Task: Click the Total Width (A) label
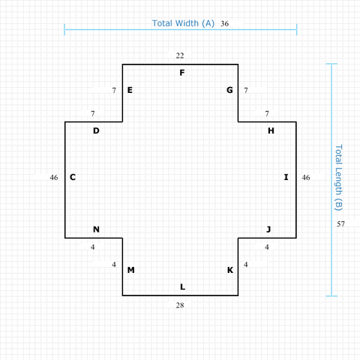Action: coord(183,23)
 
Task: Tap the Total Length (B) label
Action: coord(338,178)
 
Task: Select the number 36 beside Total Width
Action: coord(224,24)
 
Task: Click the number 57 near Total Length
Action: coord(340,224)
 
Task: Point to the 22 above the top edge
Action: coord(180,55)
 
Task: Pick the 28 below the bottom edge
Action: coord(180,305)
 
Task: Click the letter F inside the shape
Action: coord(182,73)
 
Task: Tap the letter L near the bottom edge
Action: coord(183,286)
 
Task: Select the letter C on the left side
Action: coord(73,177)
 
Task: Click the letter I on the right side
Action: coord(286,177)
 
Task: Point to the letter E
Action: coord(130,90)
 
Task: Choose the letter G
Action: coord(229,90)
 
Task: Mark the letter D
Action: coord(96,130)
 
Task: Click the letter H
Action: coord(271,130)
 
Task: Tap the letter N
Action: coord(96,229)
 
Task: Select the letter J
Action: coord(268,229)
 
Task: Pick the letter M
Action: coord(131,270)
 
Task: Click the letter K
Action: coord(230,270)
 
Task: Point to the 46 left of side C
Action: coord(54,178)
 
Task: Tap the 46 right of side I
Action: coord(306,178)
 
